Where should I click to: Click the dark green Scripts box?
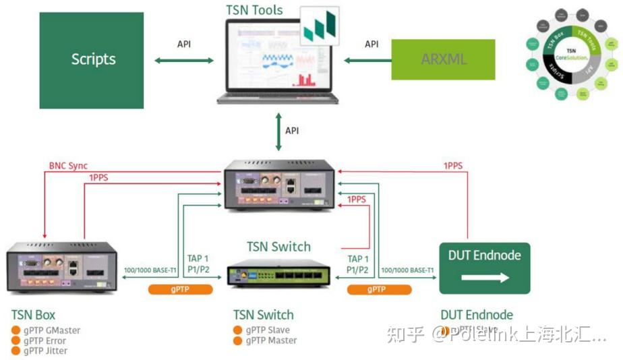pyautogui.click(x=92, y=60)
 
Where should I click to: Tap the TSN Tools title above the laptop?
pyautogui.click(x=254, y=10)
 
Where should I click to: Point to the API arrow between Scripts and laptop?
pyautogui.click(x=183, y=61)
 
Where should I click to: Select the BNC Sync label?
pyautogui.click(x=68, y=166)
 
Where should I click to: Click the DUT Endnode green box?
pyautogui.click(x=485, y=268)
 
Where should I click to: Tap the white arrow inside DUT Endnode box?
pyautogui.click(x=485, y=278)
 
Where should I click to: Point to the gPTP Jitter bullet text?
pyautogui.click(x=45, y=351)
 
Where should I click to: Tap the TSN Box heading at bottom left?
pyautogui.click(x=33, y=315)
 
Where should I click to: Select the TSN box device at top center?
pyautogui.click(x=278, y=185)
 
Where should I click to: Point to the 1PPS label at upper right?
pyautogui.click(x=452, y=166)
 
